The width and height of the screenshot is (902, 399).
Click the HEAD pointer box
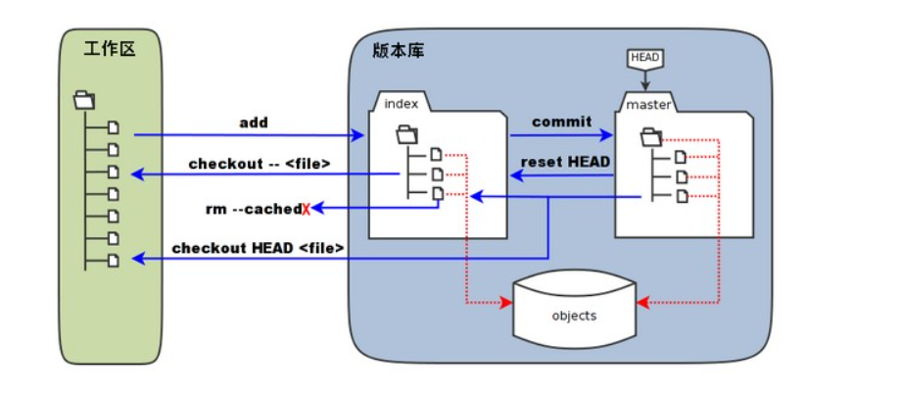644,59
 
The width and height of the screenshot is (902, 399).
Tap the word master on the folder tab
646,104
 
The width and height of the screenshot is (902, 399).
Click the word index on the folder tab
402,104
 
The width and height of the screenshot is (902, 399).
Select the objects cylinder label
574,316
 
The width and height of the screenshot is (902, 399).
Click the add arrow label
253,123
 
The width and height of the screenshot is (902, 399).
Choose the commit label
561,122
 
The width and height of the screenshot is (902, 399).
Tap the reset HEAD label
566,161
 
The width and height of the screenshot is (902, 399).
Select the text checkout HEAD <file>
258,248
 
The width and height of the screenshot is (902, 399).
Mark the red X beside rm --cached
306,209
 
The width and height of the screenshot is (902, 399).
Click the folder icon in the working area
84,99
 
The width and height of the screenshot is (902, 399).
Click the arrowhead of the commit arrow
608,135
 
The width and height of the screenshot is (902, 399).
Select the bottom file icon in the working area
114,260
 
